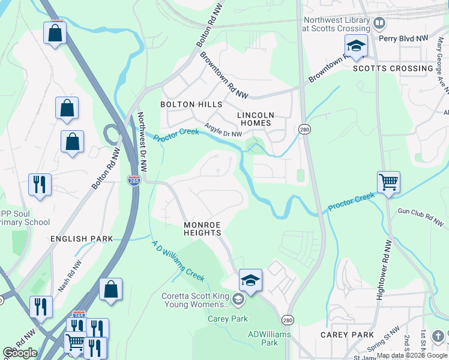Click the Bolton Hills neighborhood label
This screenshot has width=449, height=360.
tap(191, 104)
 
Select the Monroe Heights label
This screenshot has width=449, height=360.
tap(202, 229)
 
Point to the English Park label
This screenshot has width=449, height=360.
tap(82, 239)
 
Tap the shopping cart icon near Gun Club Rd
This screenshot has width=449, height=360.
tap(388, 182)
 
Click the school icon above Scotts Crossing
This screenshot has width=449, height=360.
tap(355, 46)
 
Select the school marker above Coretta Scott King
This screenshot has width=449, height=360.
tap(250, 280)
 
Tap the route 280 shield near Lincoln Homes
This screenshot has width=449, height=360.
tap(304, 130)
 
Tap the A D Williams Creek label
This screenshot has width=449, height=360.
tap(178, 261)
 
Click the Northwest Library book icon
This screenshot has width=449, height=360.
tap(379, 23)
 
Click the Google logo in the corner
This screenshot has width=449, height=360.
tap(20, 353)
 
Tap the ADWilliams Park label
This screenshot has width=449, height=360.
tap(263, 338)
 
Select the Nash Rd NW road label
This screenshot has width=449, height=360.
tap(68, 275)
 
